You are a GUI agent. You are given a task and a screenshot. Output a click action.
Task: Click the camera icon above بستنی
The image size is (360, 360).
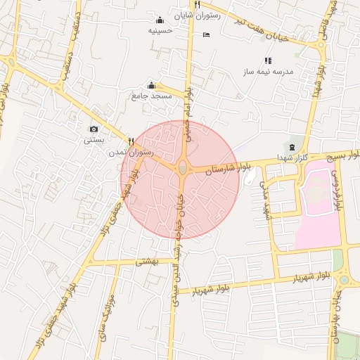(94, 129)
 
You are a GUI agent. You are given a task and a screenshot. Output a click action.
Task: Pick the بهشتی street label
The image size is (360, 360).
(148, 261)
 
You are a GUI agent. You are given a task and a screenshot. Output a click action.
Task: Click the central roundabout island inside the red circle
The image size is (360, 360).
(183, 168)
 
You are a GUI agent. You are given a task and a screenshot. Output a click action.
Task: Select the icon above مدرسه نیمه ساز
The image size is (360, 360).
(267, 61)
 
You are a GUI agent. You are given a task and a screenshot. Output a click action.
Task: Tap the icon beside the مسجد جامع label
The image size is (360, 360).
(151, 85)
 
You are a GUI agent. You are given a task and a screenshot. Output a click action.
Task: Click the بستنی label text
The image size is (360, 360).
(94, 140)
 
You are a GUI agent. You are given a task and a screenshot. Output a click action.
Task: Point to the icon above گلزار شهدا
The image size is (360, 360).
(291, 146)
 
